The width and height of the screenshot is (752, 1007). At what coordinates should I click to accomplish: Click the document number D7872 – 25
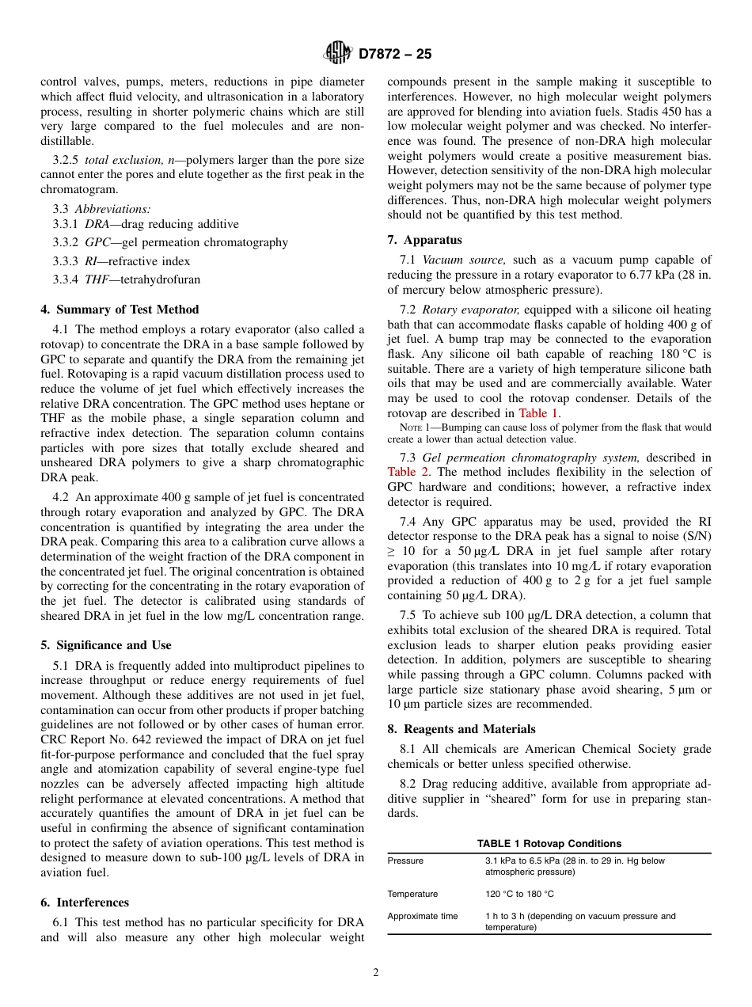(395, 54)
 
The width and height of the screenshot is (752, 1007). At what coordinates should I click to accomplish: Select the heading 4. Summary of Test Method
(120, 310)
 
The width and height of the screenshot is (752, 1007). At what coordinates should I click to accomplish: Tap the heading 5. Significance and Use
(106, 645)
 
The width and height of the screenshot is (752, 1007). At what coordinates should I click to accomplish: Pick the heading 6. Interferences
(85, 902)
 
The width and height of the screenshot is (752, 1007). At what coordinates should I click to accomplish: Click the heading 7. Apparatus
(424, 240)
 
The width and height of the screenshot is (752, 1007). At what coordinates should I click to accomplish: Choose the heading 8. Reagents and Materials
(461, 729)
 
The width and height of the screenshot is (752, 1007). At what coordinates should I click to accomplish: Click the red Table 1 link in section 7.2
(538, 413)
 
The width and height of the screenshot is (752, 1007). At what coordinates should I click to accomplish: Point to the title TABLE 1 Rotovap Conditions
(549, 844)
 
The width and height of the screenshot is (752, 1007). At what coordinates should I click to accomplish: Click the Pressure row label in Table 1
(405, 861)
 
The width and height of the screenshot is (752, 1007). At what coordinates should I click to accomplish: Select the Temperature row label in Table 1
(412, 894)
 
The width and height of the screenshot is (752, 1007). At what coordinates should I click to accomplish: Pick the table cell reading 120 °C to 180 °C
(519, 894)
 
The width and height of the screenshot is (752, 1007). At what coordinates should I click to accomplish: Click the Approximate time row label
(423, 916)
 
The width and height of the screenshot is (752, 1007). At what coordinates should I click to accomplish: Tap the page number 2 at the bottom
(376, 973)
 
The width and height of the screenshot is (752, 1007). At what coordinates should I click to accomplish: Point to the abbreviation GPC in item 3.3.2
(97, 243)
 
